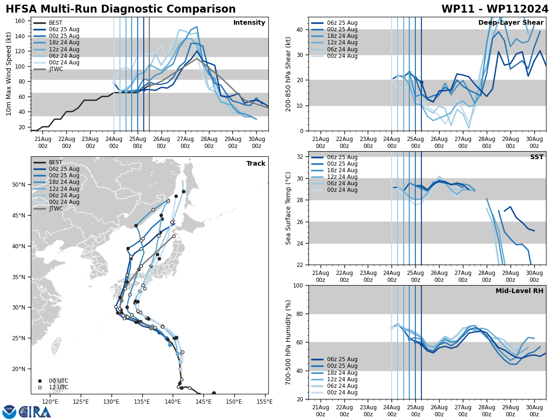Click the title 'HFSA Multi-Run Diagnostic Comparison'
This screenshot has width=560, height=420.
(120, 9)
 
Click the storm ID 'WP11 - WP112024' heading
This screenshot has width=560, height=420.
(495, 9)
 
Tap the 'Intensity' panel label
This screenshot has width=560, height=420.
(249, 23)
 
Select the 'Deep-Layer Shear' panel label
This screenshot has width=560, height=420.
(511, 23)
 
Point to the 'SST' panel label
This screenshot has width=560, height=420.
(537, 157)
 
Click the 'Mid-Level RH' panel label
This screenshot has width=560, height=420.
(519, 291)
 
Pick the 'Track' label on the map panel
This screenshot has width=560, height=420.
(256, 164)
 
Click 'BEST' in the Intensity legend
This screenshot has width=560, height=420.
(56, 23)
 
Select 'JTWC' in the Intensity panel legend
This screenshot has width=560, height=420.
(56, 69)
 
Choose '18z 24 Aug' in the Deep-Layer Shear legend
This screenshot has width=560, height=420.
(342, 36)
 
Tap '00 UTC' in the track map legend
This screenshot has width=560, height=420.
(58, 381)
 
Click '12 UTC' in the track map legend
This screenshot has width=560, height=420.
(58, 387)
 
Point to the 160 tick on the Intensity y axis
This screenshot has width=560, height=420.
(21, 21)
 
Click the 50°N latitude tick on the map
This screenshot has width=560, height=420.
(19, 185)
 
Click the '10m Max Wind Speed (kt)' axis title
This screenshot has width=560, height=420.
(9, 74)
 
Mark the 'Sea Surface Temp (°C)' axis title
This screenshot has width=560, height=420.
(289, 208)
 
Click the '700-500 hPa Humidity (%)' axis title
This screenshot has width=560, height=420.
(289, 342)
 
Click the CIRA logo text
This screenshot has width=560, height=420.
(35, 412)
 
